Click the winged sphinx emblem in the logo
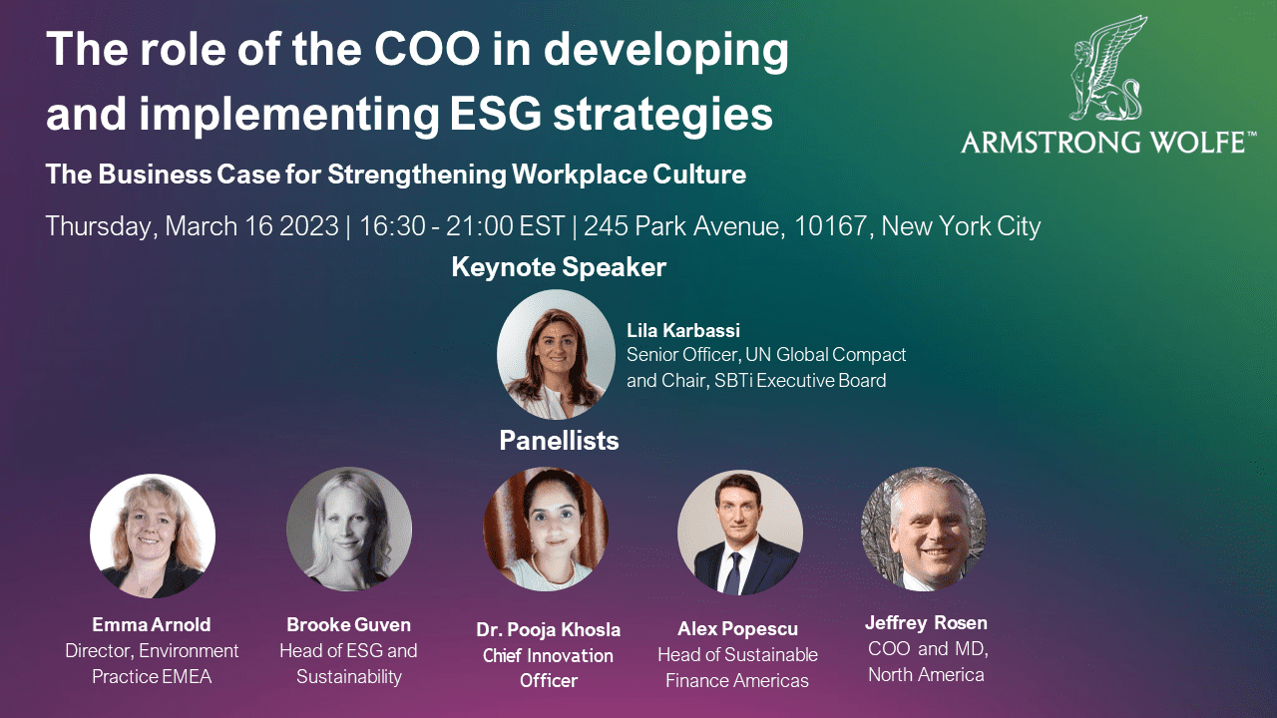[x=1106, y=69]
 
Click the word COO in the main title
[x=428, y=49]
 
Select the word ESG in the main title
[x=496, y=114]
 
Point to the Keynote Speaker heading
[x=559, y=267]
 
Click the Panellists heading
[x=559, y=441]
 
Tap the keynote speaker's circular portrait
[x=556, y=354]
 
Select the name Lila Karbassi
[x=683, y=330]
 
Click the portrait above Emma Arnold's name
[x=153, y=536]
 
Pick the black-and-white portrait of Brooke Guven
[x=349, y=530]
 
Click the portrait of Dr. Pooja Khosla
[x=546, y=530]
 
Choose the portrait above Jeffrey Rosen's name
[x=924, y=530]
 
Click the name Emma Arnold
[x=152, y=624]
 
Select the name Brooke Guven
[x=349, y=624]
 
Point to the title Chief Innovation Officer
[x=548, y=668]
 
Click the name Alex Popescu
[x=737, y=629]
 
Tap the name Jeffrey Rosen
[x=926, y=623]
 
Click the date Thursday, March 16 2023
[x=193, y=226]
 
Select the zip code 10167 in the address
[x=831, y=226]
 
